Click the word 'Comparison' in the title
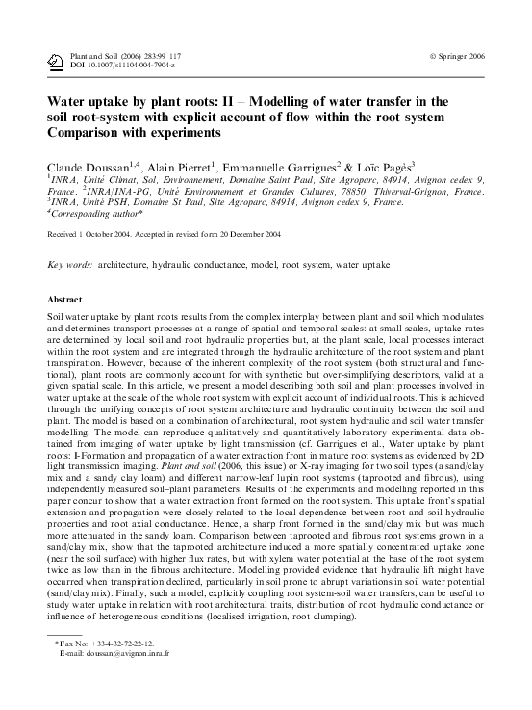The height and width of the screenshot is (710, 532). click(x=90, y=132)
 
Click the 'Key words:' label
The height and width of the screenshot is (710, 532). click(x=70, y=263)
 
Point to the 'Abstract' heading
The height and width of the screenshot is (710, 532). click(x=64, y=300)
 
